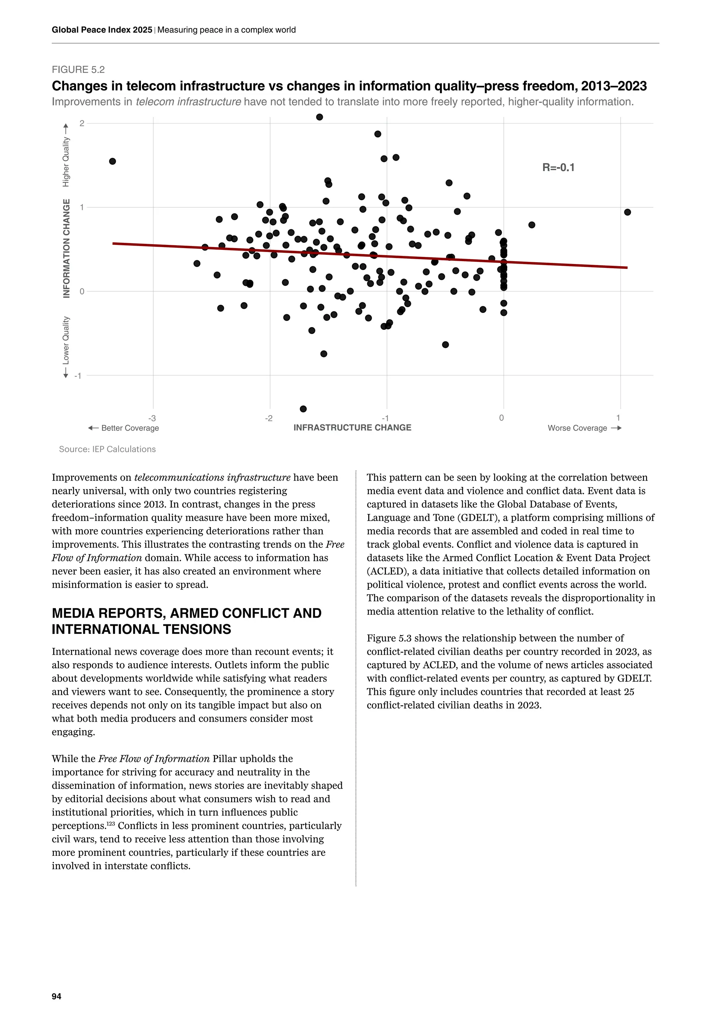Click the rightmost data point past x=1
point(627,212)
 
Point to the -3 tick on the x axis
point(152,418)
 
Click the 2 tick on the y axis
point(82,123)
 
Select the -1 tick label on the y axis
point(78,376)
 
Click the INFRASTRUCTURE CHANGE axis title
point(352,428)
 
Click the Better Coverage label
point(130,428)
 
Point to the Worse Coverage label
point(577,428)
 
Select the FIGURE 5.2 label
point(78,70)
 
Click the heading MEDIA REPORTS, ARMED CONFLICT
point(187,613)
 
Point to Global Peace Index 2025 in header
point(102,30)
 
